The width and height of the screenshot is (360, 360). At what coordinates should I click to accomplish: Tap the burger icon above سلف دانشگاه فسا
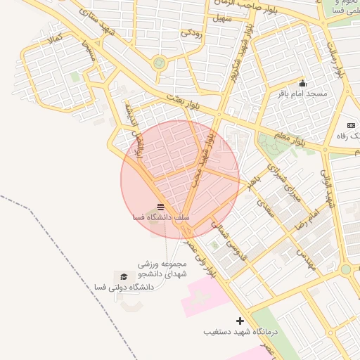tap(161, 207)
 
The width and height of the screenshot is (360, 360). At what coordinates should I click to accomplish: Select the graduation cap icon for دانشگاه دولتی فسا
tap(124, 277)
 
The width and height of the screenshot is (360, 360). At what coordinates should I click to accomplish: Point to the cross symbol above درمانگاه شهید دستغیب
tap(240, 321)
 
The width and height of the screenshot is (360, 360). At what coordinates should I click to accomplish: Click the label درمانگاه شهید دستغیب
tap(241, 331)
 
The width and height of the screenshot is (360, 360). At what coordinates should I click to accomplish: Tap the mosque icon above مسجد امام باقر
tap(302, 83)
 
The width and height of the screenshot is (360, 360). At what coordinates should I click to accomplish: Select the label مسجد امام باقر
tap(303, 93)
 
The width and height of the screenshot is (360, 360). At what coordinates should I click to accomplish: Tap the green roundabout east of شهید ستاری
tap(160, 63)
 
